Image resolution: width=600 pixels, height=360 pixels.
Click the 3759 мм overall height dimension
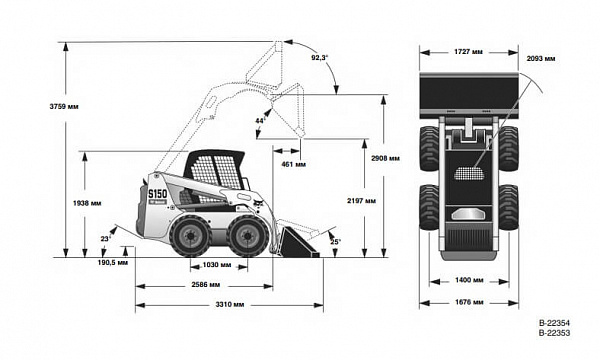point(64,106)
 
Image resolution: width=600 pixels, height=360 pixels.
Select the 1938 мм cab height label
point(87,203)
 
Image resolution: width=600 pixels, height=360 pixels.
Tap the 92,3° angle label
point(320,57)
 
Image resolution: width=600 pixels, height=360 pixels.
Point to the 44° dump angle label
point(260,121)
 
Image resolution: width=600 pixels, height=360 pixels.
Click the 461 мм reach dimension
point(293,165)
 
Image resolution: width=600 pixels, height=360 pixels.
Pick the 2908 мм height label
point(385,158)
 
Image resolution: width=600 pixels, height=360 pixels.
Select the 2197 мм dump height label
point(361,200)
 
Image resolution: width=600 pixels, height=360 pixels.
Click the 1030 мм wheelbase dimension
point(217,265)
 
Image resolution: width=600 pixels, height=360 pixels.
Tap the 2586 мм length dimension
point(206,285)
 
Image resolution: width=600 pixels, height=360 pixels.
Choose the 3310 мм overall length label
point(230,305)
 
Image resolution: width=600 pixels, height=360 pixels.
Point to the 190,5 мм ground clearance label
point(113,262)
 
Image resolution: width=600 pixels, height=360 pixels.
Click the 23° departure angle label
point(106,239)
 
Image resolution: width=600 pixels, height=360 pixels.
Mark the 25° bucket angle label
point(335,242)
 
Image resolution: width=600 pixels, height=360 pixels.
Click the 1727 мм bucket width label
point(468,52)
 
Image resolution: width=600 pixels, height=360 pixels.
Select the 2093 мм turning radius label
point(541,59)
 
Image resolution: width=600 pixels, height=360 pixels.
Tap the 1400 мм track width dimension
point(469,280)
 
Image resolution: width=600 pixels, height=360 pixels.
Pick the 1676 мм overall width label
point(469,302)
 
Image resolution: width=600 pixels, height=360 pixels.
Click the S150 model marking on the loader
point(158,194)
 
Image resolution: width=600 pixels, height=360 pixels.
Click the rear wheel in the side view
point(190,236)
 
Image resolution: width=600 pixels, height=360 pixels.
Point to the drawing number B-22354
point(554,323)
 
